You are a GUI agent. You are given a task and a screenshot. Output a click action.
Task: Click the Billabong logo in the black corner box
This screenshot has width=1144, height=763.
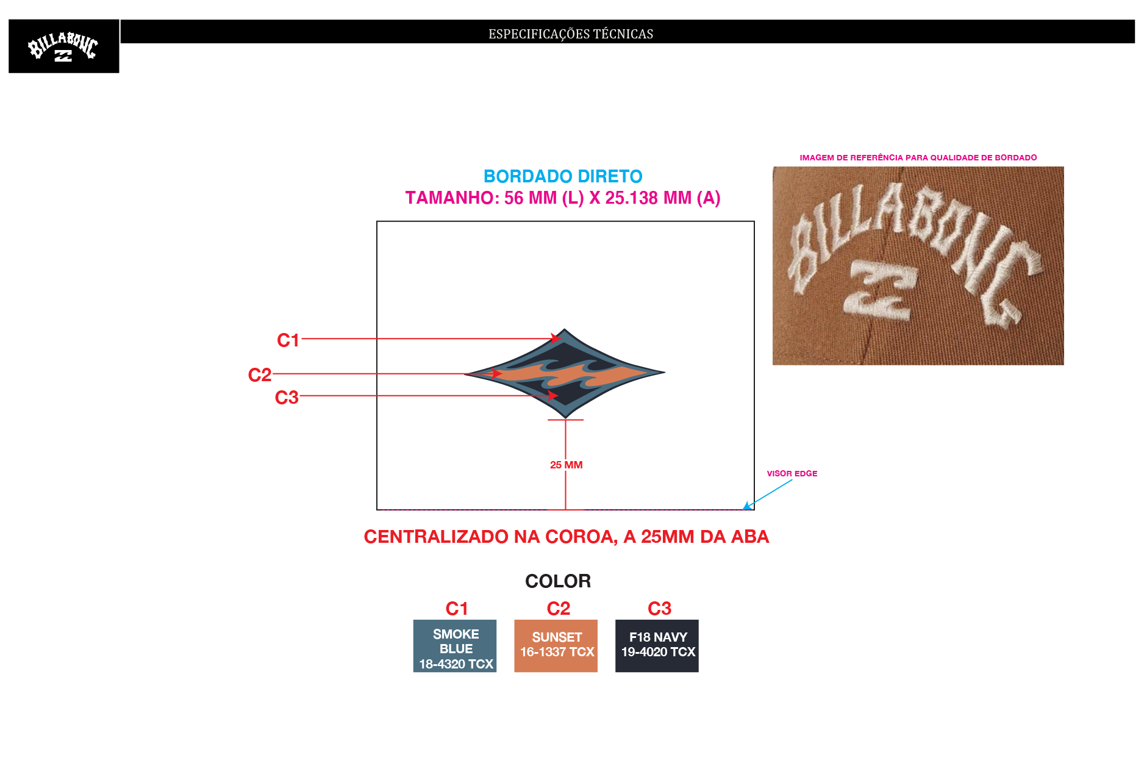click(x=63, y=47)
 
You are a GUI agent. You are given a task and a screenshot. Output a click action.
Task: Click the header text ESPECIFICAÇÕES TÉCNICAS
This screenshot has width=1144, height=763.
click(x=571, y=34)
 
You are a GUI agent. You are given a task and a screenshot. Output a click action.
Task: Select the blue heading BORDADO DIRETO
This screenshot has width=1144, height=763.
click(x=563, y=176)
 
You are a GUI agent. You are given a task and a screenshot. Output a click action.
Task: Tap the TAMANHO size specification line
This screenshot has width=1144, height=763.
click(x=563, y=198)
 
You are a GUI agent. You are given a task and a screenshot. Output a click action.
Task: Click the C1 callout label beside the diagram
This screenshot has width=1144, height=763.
click(x=288, y=340)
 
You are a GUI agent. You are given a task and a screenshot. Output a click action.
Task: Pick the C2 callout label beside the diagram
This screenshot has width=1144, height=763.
click(x=260, y=374)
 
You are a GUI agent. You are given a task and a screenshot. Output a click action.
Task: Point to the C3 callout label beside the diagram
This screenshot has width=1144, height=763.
click(x=287, y=397)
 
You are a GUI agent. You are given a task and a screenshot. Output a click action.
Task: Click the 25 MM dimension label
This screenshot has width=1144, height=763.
click(x=566, y=465)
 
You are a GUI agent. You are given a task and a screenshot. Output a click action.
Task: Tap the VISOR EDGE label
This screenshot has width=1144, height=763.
click(x=792, y=473)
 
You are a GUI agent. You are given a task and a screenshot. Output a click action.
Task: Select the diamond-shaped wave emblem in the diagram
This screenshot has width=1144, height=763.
click(x=565, y=373)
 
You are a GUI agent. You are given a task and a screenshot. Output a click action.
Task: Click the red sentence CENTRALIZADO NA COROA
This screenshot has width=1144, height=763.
click(x=567, y=537)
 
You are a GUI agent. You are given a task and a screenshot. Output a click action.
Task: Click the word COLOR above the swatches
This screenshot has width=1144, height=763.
click(x=558, y=581)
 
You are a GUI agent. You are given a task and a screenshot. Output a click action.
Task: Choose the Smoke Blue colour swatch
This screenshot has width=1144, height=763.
click(x=455, y=646)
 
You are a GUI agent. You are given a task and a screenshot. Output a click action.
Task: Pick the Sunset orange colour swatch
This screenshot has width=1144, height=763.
click(x=556, y=646)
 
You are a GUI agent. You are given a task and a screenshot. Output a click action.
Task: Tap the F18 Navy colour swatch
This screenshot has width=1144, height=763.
click(x=657, y=646)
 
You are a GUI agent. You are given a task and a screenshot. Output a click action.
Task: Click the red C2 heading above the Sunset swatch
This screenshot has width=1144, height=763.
click(x=559, y=609)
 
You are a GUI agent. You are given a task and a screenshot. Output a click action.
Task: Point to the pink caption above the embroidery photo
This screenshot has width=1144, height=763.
click(x=918, y=157)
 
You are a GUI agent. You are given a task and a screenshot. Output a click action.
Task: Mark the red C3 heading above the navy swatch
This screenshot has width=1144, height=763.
click(x=659, y=609)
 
